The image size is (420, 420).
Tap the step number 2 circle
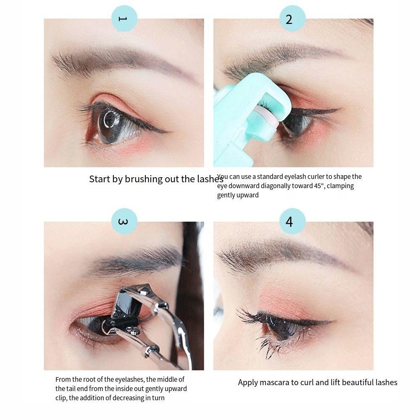289,19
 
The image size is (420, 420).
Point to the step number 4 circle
289,221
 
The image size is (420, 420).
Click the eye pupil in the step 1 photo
110,120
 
